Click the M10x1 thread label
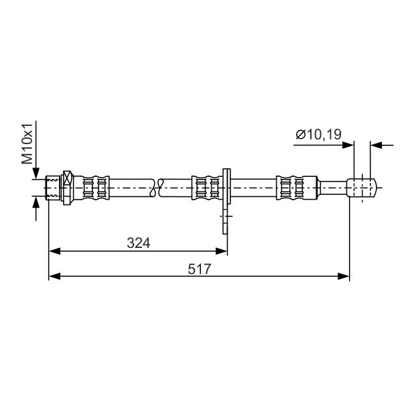click(x=27, y=143)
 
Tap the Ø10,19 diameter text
click(x=319, y=135)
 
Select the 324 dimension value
click(x=139, y=243)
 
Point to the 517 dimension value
click(x=199, y=269)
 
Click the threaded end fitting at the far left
click(x=53, y=188)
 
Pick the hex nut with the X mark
click(x=68, y=188)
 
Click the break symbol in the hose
click(x=157, y=188)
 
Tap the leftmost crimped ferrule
click(x=95, y=188)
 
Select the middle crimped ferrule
click(x=207, y=188)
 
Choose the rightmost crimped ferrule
click(x=297, y=188)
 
